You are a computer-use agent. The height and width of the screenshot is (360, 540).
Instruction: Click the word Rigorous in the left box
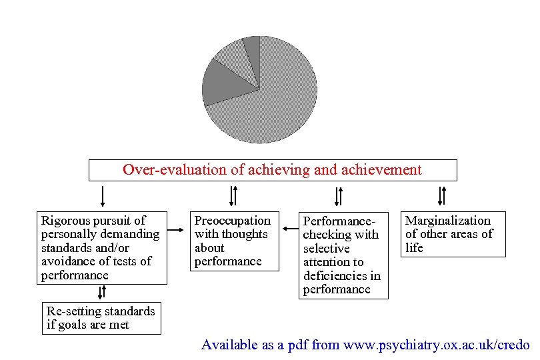[x=65, y=220]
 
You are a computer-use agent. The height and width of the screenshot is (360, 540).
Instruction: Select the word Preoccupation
[x=232, y=221]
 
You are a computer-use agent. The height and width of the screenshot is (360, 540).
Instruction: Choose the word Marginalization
[x=447, y=221]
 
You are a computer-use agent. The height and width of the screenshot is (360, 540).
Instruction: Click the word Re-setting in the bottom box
[x=73, y=311]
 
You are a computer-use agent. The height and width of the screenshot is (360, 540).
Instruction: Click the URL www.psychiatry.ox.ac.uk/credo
[x=427, y=345]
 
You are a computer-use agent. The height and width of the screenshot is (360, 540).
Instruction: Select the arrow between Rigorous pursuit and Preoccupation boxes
[x=176, y=231]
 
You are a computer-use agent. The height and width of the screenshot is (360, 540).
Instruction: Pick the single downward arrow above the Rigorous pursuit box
[x=102, y=196]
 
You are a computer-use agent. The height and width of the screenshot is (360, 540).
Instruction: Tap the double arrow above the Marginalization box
[x=441, y=196]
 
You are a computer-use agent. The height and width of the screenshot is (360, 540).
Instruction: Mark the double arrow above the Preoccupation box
[x=233, y=196]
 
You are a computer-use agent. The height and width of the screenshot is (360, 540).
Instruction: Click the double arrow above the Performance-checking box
[x=339, y=196]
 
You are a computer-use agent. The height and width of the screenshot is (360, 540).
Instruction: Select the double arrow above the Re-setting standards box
[x=101, y=292]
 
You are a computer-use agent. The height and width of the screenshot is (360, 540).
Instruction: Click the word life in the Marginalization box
[x=414, y=248]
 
